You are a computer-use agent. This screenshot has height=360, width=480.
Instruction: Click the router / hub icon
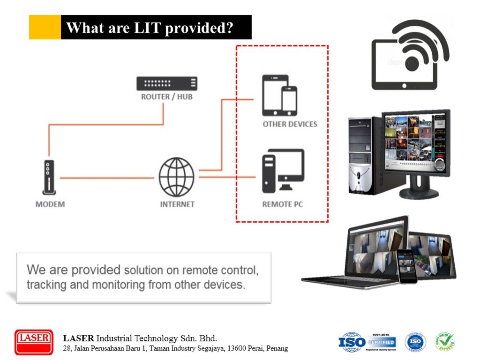point(167,83)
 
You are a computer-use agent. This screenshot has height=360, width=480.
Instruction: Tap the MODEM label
point(50,204)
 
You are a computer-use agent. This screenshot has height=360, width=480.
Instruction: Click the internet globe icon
point(176,177)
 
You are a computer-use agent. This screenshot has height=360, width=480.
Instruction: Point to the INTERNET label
point(177,204)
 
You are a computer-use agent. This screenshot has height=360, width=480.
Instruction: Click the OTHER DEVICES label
point(290,124)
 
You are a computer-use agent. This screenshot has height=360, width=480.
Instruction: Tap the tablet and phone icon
point(279,95)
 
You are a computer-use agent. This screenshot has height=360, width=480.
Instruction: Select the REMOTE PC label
point(282,204)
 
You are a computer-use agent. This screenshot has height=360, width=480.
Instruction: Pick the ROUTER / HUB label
point(167,97)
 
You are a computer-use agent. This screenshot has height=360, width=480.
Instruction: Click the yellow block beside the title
point(45,27)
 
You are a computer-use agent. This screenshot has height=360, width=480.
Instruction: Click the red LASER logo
point(34,342)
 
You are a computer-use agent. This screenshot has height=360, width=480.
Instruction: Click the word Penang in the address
point(277,348)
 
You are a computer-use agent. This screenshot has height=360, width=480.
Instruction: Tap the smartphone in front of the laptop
point(407,266)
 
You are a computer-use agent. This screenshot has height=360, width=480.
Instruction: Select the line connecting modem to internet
point(106,178)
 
